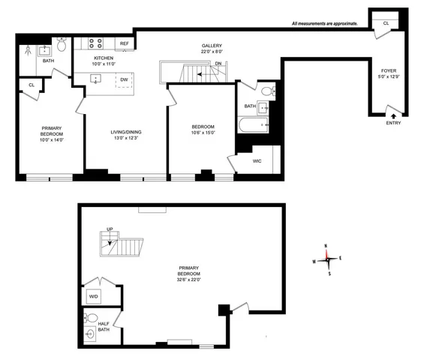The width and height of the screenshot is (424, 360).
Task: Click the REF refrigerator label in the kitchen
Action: (124, 44)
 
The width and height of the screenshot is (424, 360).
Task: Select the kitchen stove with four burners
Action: (98, 43)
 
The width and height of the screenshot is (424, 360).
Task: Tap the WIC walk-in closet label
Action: (257, 160)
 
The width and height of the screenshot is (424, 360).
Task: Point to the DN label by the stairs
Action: (218, 64)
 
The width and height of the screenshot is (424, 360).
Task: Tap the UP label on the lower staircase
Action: (110, 229)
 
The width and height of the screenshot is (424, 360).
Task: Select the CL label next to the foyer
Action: (386, 23)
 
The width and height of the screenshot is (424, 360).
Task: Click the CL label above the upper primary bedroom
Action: (32, 85)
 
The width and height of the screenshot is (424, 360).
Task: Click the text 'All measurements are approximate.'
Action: (324, 25)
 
